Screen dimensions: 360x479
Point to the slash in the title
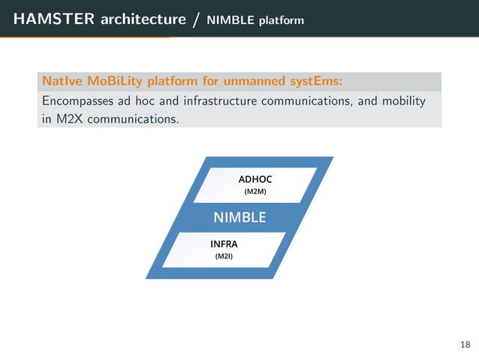(196, 19)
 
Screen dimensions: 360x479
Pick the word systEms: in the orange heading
(312, 80)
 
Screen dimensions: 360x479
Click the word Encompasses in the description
(78, 101)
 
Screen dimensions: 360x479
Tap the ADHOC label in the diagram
(255, 180)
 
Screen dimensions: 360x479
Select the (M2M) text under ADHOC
(255, 192)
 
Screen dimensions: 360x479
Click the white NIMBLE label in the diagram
(239, 218)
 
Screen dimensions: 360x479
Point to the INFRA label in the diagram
(224, 244)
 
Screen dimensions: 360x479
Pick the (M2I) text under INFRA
(224, 257)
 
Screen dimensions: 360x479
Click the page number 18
(465, 345)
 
